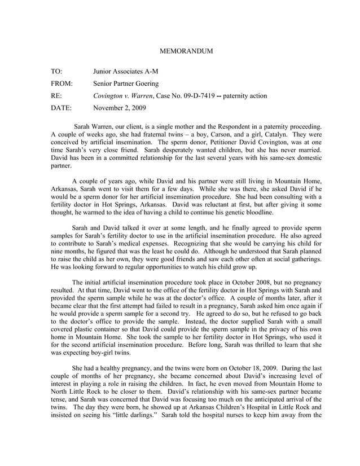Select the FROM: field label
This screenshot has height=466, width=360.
(62, 84)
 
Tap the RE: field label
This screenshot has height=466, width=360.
(56, 95)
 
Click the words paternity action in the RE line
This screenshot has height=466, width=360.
(245, 95)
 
